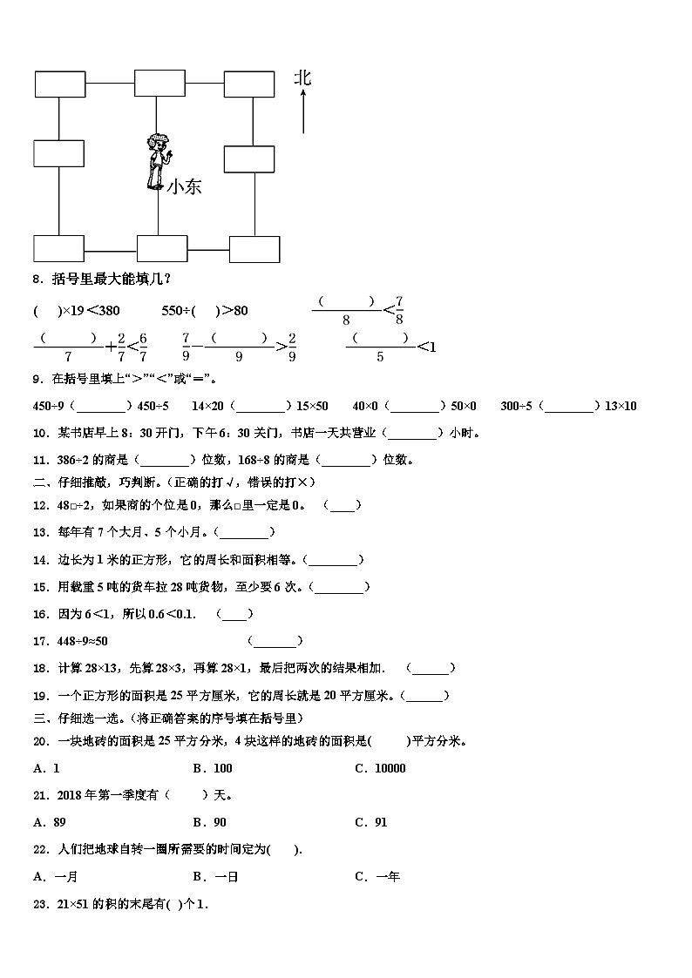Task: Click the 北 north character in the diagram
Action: pyautogui.click(x=302, y=78)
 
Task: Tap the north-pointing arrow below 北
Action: pyautogui.click(x=302, y=113)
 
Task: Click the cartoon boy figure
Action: pyautogui.click(x=157, y=161)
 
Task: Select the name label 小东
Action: pyautogui.click(x=184, y=185)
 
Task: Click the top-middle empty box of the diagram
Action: pyautogui.click(x=159, y=84)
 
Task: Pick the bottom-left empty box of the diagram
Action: pyautogui.click(x=59, y=248)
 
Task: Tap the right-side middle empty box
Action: pyautogui.click(x=249, y=159)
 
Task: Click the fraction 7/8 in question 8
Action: pyautogui.click(x=399, y=310)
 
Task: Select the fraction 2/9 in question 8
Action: pyautogui.click(x=292, y=347)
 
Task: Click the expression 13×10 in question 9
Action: pyautogui.click(x=621, y=406)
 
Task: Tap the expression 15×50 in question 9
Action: pyautogui.click(x=312, y=406)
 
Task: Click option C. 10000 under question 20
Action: pyautogui.click(x=380, y=768)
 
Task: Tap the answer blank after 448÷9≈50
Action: pyautogui.click(x=275, y=642)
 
